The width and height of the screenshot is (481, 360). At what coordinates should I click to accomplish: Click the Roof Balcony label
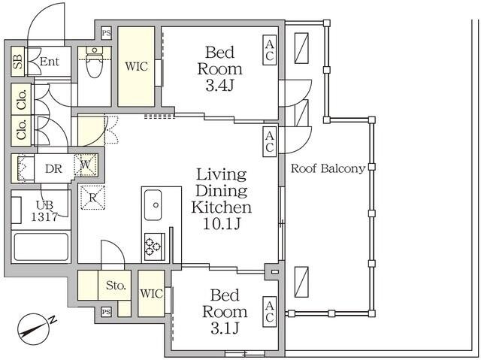point(328,168)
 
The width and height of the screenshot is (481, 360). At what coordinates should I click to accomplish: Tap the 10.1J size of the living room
point(222,224)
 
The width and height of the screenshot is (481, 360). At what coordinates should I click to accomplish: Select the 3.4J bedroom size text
point(219,86)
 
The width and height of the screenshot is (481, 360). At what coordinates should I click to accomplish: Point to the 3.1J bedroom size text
point(225,328)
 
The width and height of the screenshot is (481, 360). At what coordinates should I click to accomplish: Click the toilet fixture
point(94,62)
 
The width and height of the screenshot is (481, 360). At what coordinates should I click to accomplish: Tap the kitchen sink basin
point(153,205)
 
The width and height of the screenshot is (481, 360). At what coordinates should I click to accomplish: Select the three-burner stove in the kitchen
point(153,247)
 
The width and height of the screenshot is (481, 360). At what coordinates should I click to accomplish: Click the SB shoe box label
point(18,62)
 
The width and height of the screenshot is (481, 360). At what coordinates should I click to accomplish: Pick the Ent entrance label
point(50,62)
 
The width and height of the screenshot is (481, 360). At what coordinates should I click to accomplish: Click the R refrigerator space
point(92,198)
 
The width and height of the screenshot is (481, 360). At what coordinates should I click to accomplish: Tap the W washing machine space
point(86,165)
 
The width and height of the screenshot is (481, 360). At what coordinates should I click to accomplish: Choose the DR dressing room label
point(53,168)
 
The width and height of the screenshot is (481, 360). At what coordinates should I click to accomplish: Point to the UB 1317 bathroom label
point(44,211)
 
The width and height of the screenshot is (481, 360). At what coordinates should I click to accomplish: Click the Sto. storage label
point(116,286)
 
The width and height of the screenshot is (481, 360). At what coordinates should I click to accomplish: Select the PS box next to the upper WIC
point(106,33)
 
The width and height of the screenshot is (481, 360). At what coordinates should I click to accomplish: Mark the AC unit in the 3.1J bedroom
point(269,312)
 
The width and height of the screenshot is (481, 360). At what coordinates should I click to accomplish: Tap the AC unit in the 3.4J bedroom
point(269,50)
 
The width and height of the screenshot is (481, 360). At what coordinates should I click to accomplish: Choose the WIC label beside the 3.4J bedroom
point(136,66)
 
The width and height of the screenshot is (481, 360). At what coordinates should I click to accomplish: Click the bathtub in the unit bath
point(41,247)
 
